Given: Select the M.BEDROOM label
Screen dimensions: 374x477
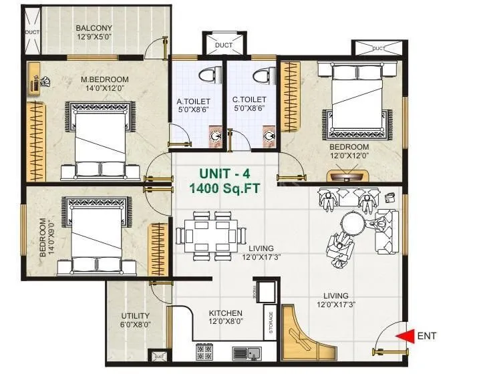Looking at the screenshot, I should click(x=104, y=79).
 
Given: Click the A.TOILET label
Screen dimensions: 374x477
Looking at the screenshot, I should click(x=189, y=102).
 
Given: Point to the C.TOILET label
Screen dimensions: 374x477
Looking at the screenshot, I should click(x=246, y=100).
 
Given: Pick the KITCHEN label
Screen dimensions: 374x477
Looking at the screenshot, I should click(x=226, y=313).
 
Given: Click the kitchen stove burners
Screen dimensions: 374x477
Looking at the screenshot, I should click(x=204, y=351).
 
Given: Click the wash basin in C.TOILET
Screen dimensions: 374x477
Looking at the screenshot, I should click(x=269, y=136).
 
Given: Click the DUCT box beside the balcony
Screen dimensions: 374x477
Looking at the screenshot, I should click(x=31, y=32).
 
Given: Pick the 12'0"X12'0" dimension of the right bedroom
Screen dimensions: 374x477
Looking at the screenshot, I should click(x=349, y=156).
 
